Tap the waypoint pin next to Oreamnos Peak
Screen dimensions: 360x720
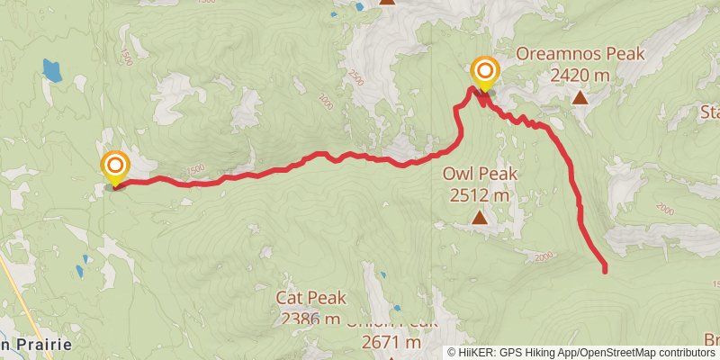(485, 71)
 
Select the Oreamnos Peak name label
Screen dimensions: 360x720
(580, 54)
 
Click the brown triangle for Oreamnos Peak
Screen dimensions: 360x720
(580, 96)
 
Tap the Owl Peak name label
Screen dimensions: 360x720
(476, 173)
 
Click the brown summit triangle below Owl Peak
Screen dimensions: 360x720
(480, 216)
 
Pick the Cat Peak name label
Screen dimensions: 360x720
(310, 299)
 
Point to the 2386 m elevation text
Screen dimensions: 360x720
(310, 319)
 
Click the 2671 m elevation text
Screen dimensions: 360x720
(391, 342)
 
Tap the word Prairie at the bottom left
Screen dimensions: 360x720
(36, 344)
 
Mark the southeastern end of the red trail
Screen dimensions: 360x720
(604, 268)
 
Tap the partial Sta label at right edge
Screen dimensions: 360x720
(710, 112)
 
